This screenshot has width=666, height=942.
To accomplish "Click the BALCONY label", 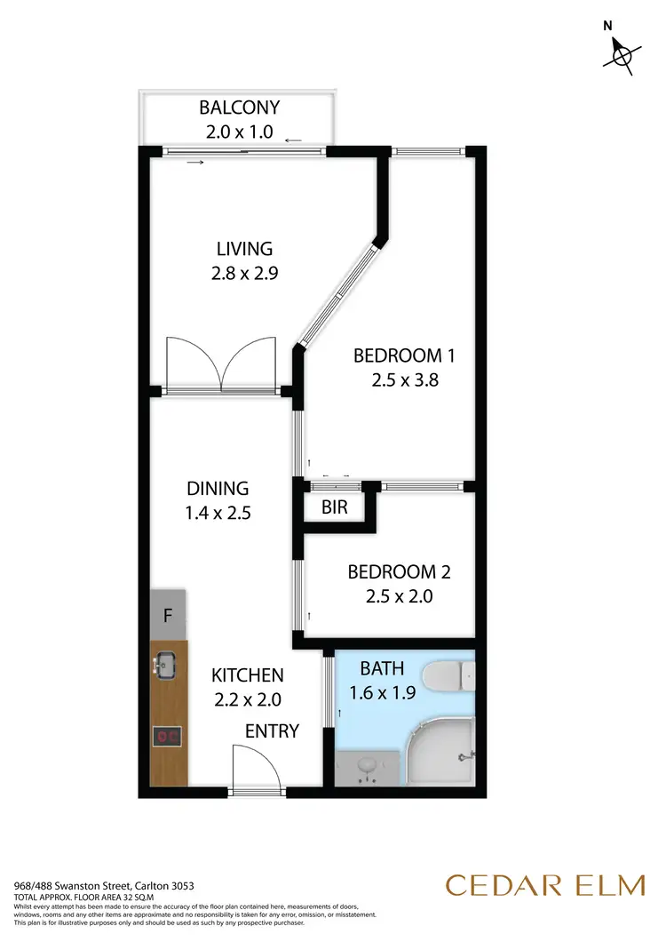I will pos(239,108).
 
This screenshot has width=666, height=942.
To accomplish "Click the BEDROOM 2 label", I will pos(392,572).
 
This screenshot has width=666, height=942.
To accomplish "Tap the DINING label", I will pos(218,488).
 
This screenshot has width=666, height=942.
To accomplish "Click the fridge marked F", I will pos(168,615).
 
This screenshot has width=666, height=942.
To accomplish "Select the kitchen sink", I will pos(166,662).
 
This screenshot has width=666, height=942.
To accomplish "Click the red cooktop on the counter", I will pos(166,736).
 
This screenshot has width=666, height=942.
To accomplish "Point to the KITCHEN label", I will pos(248,676).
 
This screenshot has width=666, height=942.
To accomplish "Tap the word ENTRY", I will pos(273,731).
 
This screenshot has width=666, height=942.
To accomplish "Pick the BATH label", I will pos(381,667).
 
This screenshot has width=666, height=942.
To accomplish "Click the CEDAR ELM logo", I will pos(545,886).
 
